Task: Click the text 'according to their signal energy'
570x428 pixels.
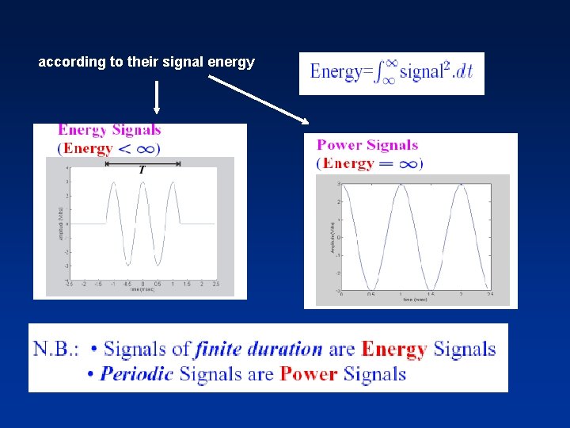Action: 146,62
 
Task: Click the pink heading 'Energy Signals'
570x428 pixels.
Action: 109,130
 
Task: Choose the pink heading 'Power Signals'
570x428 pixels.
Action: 367,145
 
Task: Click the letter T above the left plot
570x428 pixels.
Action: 142,170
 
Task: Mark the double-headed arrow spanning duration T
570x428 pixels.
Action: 142,162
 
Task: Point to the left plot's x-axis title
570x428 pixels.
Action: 143,290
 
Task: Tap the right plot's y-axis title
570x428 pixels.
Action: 323,237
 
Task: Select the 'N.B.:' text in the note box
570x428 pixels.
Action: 57,349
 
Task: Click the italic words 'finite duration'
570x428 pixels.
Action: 258,349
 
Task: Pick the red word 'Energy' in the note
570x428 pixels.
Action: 393,349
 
